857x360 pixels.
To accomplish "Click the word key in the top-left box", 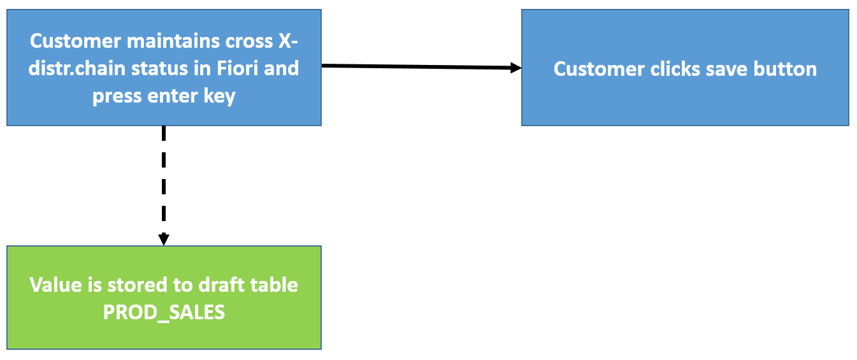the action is click(x=219, y=96).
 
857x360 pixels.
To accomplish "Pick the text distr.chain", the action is click(x=77, y=68).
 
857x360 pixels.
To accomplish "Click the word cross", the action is click(x=249, y=41).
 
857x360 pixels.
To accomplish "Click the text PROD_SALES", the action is click(x=164, y=313).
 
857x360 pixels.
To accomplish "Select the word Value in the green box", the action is click(x=55, y=285).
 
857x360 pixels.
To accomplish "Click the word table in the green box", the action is click(x=274, y=285).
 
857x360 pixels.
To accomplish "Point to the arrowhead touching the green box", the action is click(x=164, y=240).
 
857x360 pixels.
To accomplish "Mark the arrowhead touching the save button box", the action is click(x=515, y=68).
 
